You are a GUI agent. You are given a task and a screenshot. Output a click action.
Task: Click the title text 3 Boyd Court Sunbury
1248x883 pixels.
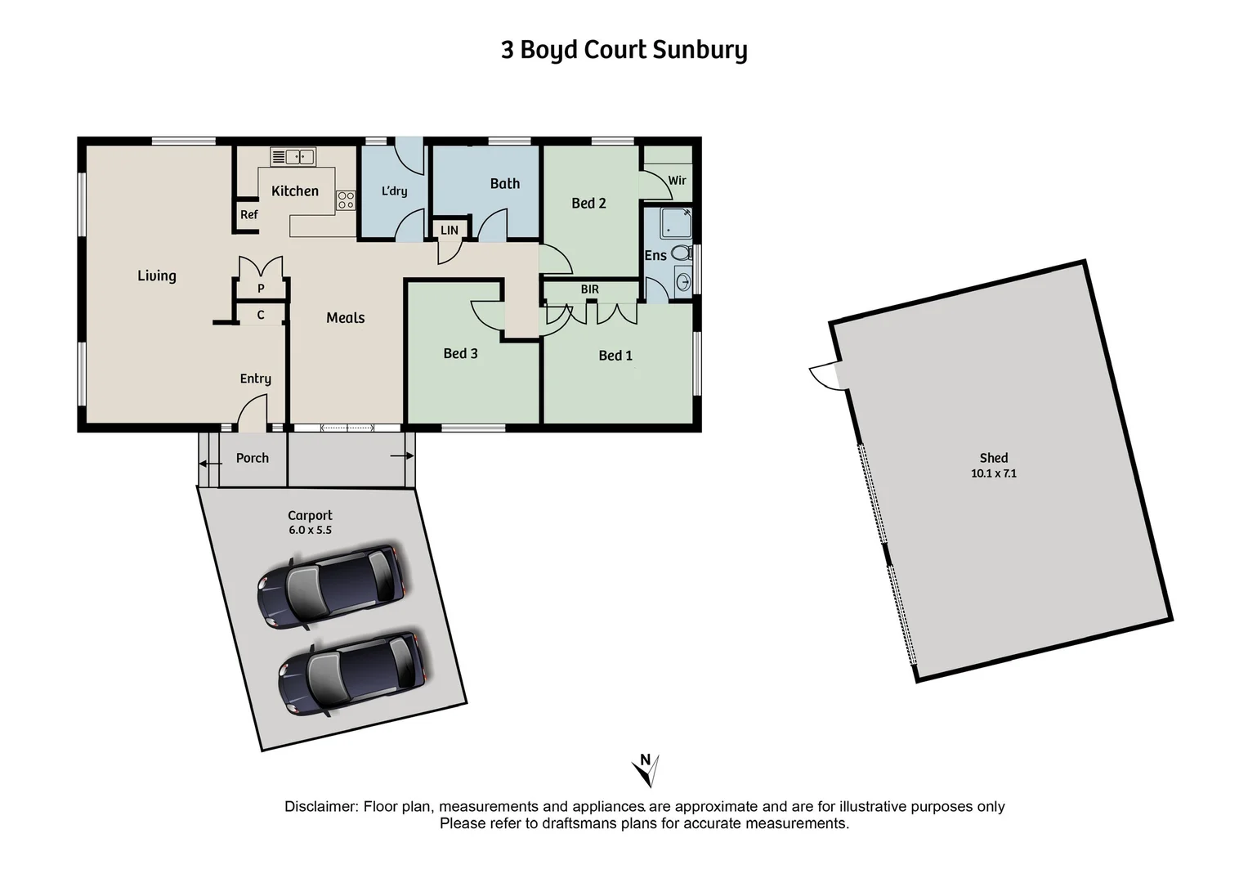(x=624, y=50)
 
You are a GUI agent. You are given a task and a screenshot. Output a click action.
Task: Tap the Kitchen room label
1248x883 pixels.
(x=294, y=191)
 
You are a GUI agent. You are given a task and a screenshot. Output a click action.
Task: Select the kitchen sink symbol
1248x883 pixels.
(x=293, y=156)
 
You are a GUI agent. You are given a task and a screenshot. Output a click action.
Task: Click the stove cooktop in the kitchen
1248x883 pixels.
(x=346, y=199)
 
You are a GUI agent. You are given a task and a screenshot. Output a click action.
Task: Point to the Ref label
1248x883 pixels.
(x=248, y=215)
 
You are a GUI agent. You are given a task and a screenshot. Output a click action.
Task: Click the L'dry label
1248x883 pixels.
(x=394, y=191)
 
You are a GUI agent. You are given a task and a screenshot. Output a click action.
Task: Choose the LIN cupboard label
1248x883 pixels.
(x=450, y=231)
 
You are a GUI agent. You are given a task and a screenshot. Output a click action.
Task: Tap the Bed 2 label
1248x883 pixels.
(x=588, y=204)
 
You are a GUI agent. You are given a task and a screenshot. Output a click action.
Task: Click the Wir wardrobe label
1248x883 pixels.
(x=677, y=181)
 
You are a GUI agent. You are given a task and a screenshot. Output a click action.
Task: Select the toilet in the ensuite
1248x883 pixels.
(x=682, y=253)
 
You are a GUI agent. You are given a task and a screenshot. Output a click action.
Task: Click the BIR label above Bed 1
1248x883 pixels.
(x=589, y=289)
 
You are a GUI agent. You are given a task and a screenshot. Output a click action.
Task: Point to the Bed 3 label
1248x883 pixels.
(x=460, y=353)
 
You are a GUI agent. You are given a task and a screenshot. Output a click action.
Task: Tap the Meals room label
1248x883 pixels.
(x=345, y=318)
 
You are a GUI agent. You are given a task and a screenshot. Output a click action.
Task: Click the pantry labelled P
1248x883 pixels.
(x=261, y=289)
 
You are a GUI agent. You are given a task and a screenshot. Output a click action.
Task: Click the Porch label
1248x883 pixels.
(x=252, y=458)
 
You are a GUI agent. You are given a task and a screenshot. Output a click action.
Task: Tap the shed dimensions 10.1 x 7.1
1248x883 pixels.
(x=993, y=473)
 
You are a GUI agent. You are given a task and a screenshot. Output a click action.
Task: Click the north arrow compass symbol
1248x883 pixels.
(x=646, y=769)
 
